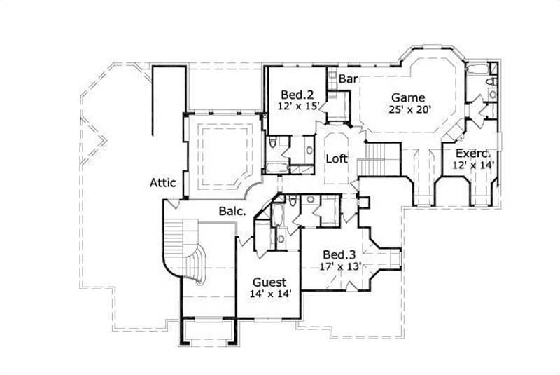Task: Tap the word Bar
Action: coord(348,79)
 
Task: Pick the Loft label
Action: coord(337,158)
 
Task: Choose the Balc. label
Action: coord(231,210)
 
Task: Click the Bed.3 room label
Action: coord(339,254)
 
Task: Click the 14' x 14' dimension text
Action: coord(269,294)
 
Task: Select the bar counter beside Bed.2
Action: coord(339,105)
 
